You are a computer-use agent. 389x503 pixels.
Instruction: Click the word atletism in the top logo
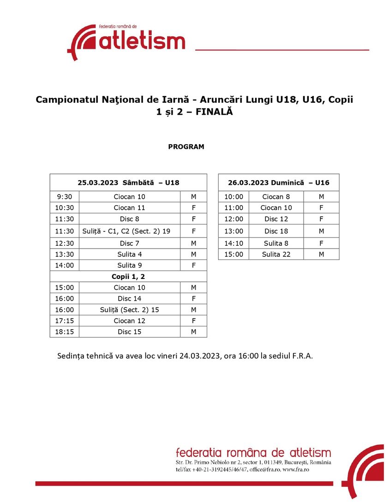[142, 41]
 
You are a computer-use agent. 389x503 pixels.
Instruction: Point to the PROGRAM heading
[186, 147]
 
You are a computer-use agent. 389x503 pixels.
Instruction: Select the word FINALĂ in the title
[214, 112]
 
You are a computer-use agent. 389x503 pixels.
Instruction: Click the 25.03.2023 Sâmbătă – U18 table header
[128, 183]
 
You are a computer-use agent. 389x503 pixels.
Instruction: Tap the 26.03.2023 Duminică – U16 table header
[278, 183]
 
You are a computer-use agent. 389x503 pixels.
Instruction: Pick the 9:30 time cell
[65, 197]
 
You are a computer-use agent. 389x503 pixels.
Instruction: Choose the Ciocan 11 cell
[129, 208]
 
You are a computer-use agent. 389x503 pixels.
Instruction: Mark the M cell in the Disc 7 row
[193, 243]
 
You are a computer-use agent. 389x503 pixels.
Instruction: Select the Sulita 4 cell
[129, 254]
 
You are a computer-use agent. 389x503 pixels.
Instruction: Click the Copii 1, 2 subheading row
[128, 277]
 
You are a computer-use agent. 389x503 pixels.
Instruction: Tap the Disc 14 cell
[129, 299]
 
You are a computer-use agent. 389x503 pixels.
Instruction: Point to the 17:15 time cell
[65, 321]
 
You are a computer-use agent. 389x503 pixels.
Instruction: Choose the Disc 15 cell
[129, 332]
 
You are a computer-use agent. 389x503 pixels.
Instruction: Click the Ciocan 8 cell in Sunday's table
[276, 197]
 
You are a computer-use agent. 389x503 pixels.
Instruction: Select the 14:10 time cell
[233, 243]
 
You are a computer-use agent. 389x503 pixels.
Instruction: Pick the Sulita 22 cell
[276, 254]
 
